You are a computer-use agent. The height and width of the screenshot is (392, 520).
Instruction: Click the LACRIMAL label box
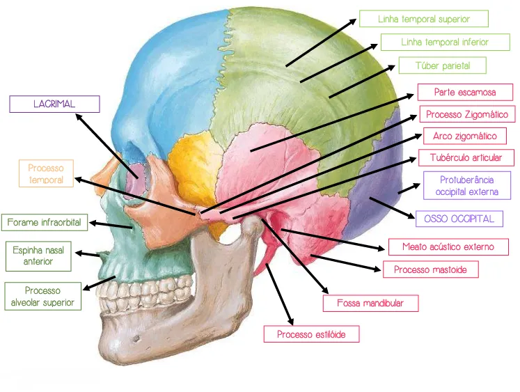tap(54, 104)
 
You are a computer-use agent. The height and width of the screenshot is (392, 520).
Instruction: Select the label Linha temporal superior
tap(424, 19)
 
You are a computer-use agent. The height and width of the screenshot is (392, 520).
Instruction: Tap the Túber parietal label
tap(443, 65)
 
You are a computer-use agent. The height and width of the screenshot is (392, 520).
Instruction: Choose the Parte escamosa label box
tap(465, 92)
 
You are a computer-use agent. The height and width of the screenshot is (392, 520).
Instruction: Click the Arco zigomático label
tap(464, 136)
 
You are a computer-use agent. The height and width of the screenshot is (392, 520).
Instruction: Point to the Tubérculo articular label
tap(466, 157)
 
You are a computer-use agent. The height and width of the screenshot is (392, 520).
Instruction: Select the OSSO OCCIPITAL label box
tap(459, 219)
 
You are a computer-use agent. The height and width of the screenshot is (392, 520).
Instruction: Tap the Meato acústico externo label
tap(448, 246)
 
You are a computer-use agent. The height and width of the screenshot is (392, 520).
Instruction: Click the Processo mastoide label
tap(430, 269)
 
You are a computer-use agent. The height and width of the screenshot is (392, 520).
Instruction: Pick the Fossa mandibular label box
tap(370, 303)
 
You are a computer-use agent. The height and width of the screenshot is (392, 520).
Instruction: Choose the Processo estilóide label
tap(311, 334)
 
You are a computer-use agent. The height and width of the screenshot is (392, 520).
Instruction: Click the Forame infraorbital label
tap(45, 222)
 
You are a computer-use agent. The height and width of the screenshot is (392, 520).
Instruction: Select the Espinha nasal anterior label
tap(38, 256)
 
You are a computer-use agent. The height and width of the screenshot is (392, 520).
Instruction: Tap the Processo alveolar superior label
tap(42, 296)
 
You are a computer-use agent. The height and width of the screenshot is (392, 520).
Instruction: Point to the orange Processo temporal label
tap(46, 173)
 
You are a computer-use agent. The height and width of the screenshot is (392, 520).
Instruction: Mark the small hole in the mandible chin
tap(136, 339)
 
